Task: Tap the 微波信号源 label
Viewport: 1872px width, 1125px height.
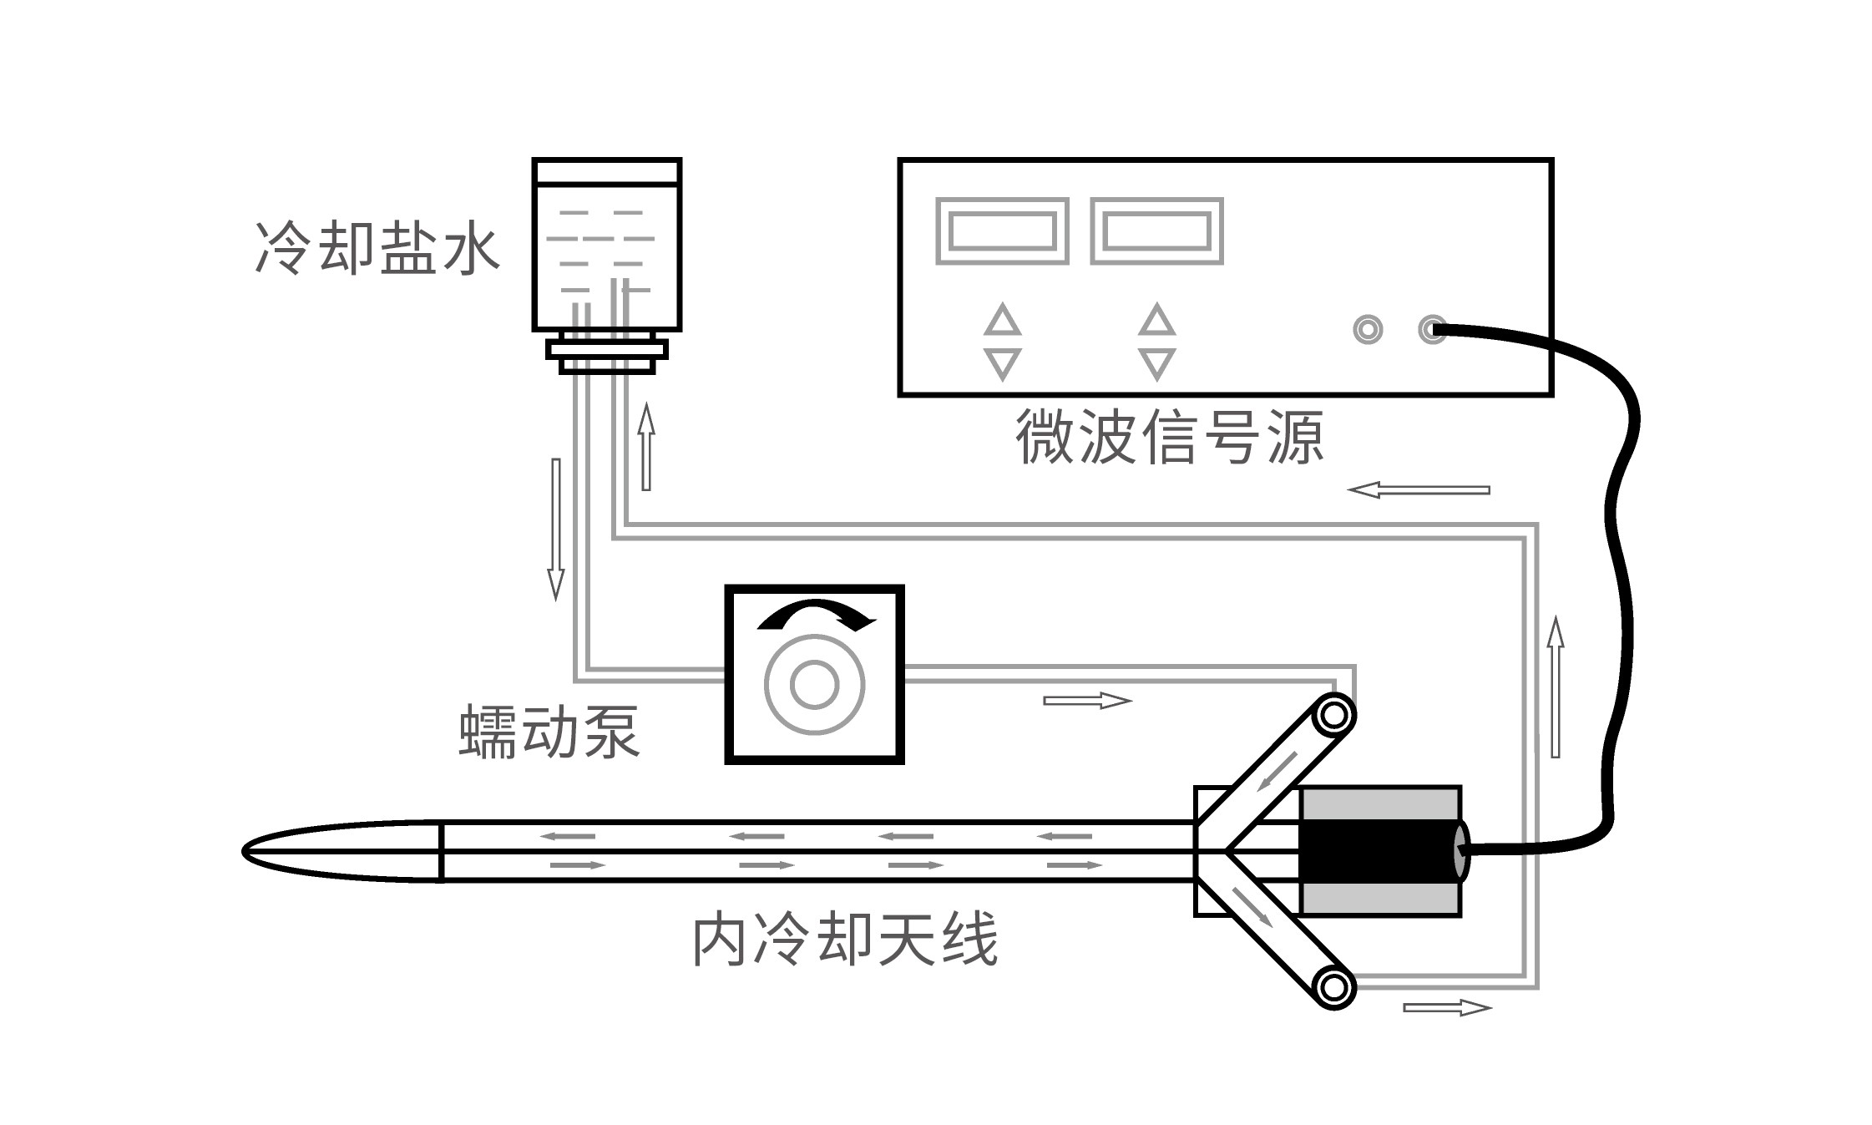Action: point(1169,436)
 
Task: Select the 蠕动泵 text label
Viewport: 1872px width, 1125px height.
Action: point(549,732)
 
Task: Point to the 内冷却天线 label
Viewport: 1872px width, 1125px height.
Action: point(845,940)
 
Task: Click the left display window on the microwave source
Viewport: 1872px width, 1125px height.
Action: point(1002,231)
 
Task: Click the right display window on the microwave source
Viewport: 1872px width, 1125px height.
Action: point(1156,231)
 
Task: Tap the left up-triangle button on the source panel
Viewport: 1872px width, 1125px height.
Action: point(1002,321)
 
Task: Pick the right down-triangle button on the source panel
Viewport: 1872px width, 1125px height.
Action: point(1156,363)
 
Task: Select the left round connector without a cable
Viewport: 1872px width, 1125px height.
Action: point(1367,329)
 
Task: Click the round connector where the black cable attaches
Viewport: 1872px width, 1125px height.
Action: point(1432,329)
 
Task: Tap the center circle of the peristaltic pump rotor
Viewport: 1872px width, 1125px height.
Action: point(814,684)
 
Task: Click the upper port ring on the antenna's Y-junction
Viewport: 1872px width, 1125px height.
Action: point(1333,716)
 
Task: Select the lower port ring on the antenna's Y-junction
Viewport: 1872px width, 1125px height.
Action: point(1333,987)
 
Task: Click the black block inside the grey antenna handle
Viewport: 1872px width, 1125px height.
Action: point(1378,850)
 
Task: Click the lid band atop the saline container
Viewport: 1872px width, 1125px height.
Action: point(606,171)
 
